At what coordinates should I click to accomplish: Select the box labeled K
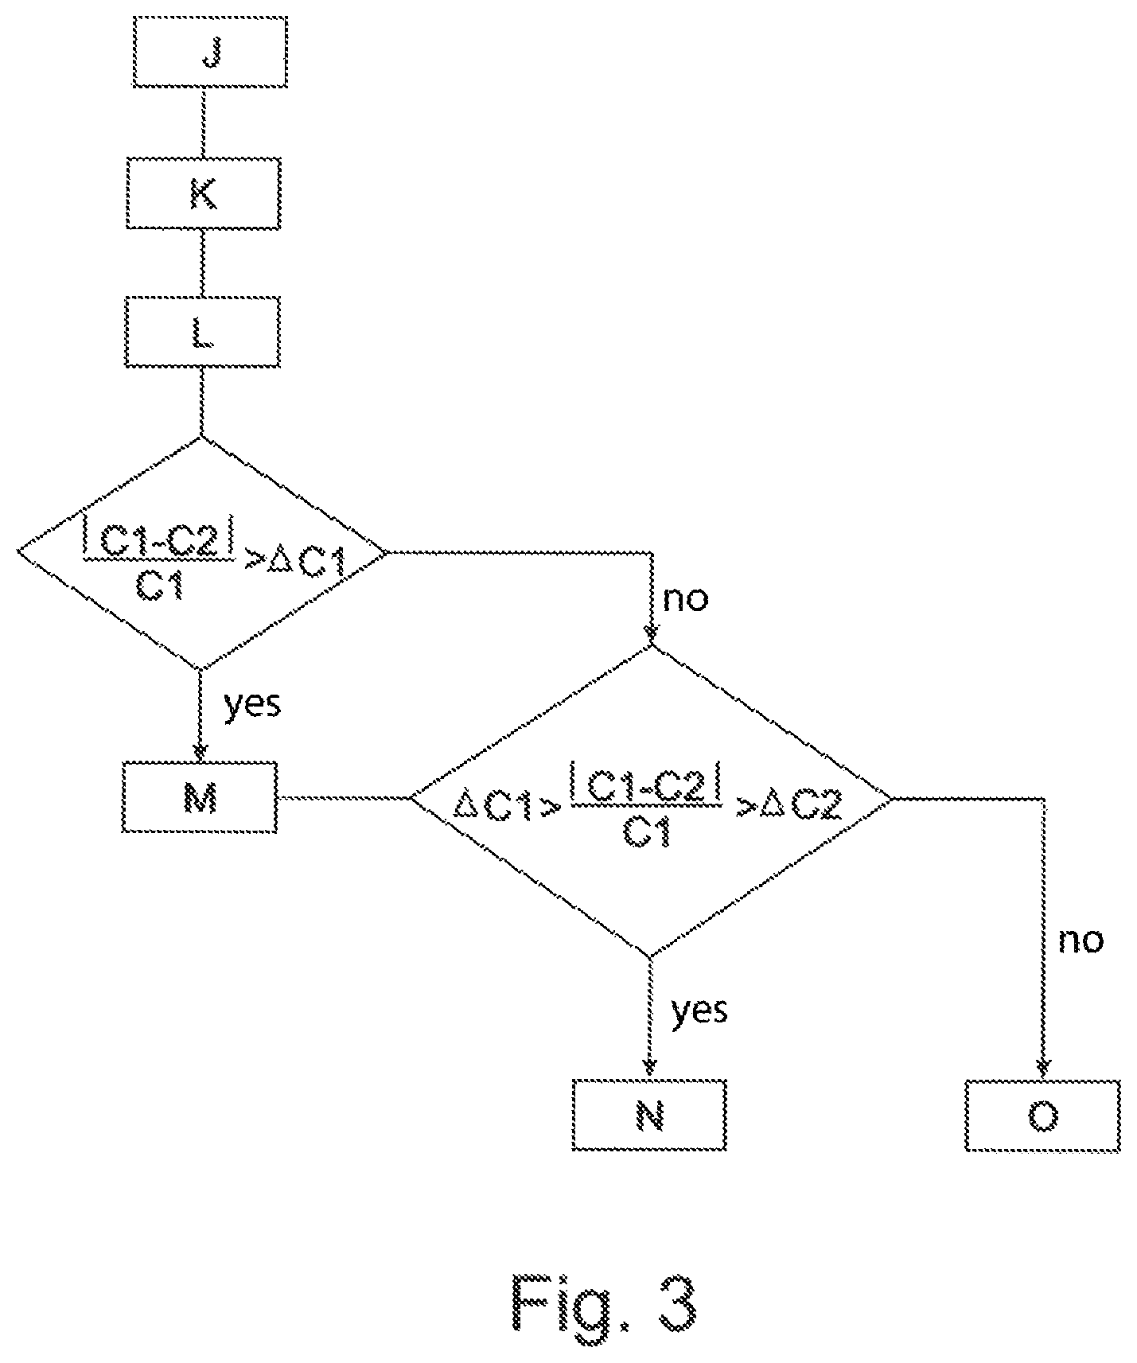[x=203, y=193]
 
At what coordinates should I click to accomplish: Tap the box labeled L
[x=202, y=332]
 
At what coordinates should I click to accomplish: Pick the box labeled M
[x=200, y=797]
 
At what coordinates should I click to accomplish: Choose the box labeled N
[x=649, y=1115]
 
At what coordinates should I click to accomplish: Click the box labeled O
[x=1043, y=1115]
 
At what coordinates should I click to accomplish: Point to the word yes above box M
[x=252, y=703]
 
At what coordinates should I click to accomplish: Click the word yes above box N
[x=699, y=1010]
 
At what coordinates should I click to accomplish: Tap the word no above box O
[x=1081, y=940]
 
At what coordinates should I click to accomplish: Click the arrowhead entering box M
[x=199, y=752]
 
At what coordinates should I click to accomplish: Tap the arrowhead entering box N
[x=649, y=1069]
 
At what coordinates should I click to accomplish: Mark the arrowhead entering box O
[x=1043, y=1069]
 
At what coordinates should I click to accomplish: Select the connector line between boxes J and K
[x=204, y=123]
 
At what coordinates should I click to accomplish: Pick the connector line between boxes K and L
[x=202, y=263]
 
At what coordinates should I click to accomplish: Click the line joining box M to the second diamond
[x=343, y=796]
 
